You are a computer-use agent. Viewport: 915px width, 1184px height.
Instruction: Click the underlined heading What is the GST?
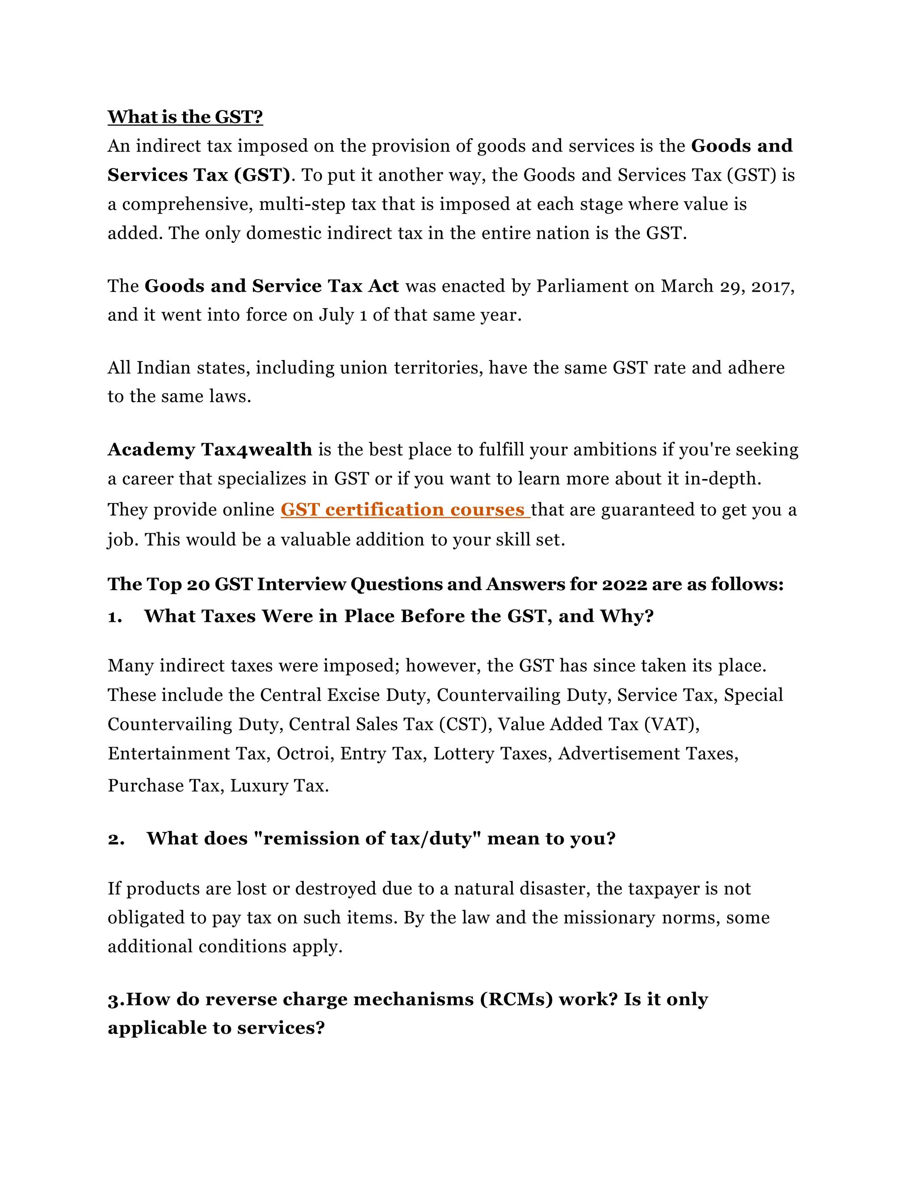pos(185,117)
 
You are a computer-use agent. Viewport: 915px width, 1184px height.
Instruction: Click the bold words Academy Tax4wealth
pos(210,450)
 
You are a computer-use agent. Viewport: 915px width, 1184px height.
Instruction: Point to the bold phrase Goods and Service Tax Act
pos(272,286)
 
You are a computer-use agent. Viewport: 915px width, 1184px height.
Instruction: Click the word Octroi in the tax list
pos(305,754)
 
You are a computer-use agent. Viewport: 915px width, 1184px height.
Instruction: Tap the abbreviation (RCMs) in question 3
pos(516,999)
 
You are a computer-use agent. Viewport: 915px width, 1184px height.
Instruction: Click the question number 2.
pos(115,839)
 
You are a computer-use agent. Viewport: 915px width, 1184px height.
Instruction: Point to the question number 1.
pos(114,617)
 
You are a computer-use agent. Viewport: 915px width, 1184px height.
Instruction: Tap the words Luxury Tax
pos(279,786)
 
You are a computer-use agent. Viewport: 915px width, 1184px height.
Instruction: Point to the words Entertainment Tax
pos(189,754)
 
